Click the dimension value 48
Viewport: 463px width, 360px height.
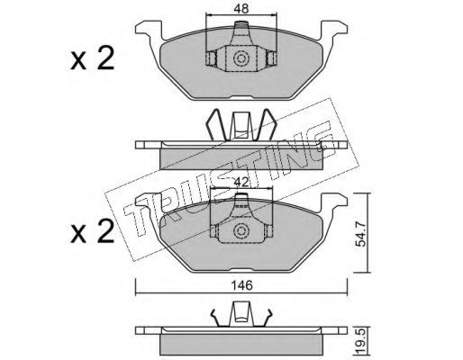[241, 9]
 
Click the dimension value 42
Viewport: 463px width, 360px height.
[241, 182]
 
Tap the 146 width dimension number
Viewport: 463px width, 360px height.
[242, 285]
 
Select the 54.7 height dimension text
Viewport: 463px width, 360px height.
[360, 233]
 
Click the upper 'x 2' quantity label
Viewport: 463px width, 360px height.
[93, 58]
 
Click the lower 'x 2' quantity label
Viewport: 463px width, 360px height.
[93, 230]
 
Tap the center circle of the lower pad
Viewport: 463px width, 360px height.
[241, 230]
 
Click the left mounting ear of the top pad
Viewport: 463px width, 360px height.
[149, 29]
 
